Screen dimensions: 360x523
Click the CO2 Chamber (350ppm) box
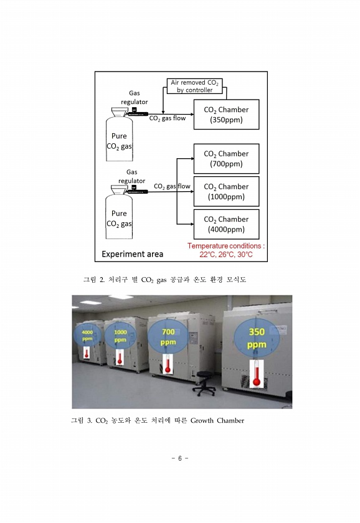point(226,115)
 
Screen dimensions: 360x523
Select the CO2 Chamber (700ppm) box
point(226,159)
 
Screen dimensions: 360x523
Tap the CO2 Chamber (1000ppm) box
point(226,192)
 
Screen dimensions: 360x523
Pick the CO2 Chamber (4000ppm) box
point(226,224)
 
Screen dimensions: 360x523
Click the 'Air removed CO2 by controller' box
point(194,86)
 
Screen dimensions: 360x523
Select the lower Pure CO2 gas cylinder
point(119,212)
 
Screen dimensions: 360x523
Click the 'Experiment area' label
point(133,254)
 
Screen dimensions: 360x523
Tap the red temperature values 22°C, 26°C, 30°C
point(226,255)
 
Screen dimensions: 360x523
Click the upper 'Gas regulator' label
point(134,97)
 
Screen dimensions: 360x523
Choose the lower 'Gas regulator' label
point(132,176)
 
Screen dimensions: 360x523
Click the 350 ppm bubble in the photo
point(257,337)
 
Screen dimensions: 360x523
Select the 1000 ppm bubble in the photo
point(120,335)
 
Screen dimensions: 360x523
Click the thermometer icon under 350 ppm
point(256,374)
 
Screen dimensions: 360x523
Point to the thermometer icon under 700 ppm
point(167,364)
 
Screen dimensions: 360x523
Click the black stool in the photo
point(204,384)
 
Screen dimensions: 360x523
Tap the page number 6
point(180,458)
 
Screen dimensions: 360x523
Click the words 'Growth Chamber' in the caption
point(217,421)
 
